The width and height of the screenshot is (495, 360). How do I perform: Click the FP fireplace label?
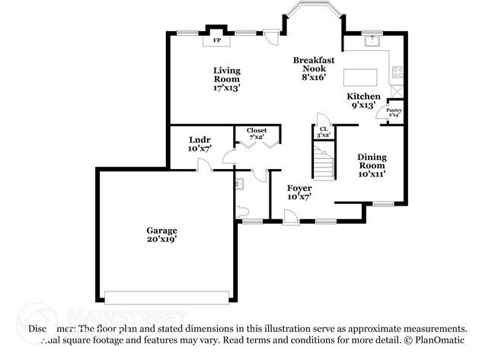coord(216,40)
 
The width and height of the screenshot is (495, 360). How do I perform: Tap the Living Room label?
coord(227,78)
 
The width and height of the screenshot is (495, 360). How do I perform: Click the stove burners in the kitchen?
coord(397,73)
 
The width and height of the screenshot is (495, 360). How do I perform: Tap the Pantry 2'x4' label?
coord(394,113)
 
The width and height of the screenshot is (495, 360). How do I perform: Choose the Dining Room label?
coord(372,165)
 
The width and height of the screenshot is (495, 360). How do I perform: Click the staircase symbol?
coord(324,164)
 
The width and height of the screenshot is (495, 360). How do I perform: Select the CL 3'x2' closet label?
coord(324,132)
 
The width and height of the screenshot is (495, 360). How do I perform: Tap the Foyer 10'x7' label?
coord(299,192)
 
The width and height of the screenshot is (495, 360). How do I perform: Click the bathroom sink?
coord(240,183)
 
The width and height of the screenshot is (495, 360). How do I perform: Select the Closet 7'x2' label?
coord(256,133)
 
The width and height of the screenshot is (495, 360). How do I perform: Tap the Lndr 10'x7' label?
coord(200,144)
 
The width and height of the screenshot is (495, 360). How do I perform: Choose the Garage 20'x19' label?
coord(162,234)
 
